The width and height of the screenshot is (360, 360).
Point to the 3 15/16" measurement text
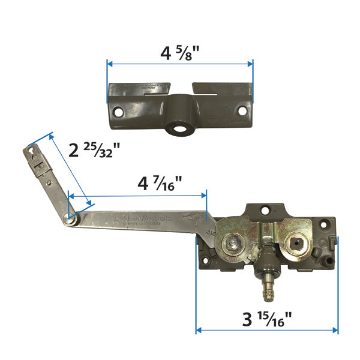(267, 319)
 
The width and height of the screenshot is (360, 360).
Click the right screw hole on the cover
(242, 111)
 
